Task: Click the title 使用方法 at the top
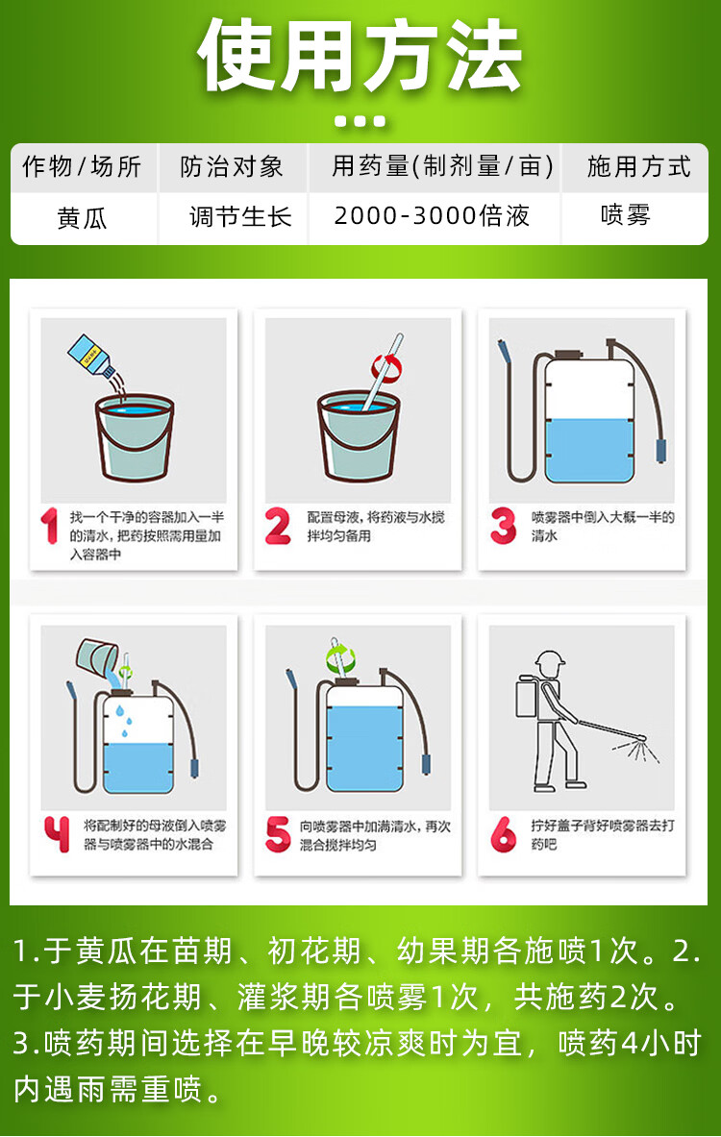pyautogui.click(x=360, y=55)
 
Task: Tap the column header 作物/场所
pyautogui.click(x=82, y=167)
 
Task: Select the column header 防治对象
pyautogui.click(x=232, y=167)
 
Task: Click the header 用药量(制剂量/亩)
pyautogui.click(x=442, y=167)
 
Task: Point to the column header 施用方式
pyautogui.click(x=639, y=167)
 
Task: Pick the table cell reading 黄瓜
pyautogui.click(x=82, y=217)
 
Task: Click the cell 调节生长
pyautogui.click(x=241, y=216)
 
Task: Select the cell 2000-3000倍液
pyautogui.click(x=432, y=215)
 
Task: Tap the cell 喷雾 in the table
pyautogui.click(x=625, y=215)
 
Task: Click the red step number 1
pyautogui.click(x=49, y=525)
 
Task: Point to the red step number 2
pyautogui.click(x=278, y=526)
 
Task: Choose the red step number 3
pyautogui.click(x=503, y=526)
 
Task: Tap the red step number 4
pyautogui.click(x=57, y=834)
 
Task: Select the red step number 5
pyautogui.click(x=278, y=834)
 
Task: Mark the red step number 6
pyautogui.click(x=503, y=834)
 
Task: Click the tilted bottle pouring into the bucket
pyautogui.click(x=91, y=356)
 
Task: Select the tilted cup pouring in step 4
pyautogui.click(x=98, y=656)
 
